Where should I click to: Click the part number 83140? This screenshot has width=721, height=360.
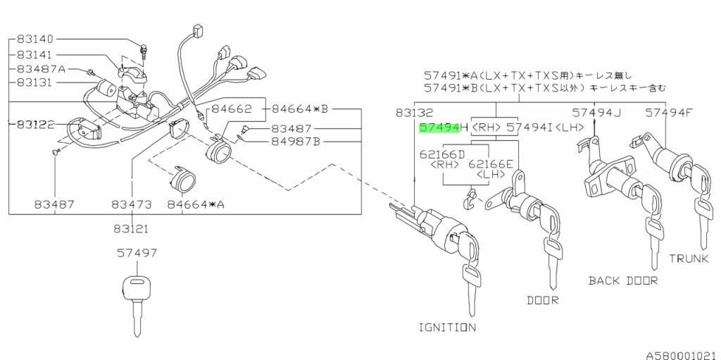tap(35, 39)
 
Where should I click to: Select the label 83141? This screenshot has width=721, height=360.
tap(35, 54)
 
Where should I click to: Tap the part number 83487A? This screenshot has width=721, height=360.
tap(41, 69)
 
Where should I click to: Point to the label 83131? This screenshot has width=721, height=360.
tap(35, 83)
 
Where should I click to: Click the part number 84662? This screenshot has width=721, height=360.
tap(232, 109)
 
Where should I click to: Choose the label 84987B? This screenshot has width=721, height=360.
tap(295, 141)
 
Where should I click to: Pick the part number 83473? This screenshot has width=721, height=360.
tap(132, 204)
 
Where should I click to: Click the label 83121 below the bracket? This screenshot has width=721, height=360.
tap(132, 228)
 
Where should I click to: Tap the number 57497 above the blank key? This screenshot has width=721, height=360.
tap(137, 253)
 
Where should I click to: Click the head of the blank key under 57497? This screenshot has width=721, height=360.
tap(137, 287)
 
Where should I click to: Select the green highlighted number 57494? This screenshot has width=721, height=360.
tap(439, 128)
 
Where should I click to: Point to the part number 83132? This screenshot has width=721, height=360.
tap(414, 112)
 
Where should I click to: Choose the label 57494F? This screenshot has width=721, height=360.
tap(669, 112)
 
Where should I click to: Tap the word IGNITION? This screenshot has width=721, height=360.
tap(447, 328)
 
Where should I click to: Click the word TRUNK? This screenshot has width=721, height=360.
tap(689, 259)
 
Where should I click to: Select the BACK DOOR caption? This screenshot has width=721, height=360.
tap(624, 280)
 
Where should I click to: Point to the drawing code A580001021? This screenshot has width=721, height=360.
tap(683, 355)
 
